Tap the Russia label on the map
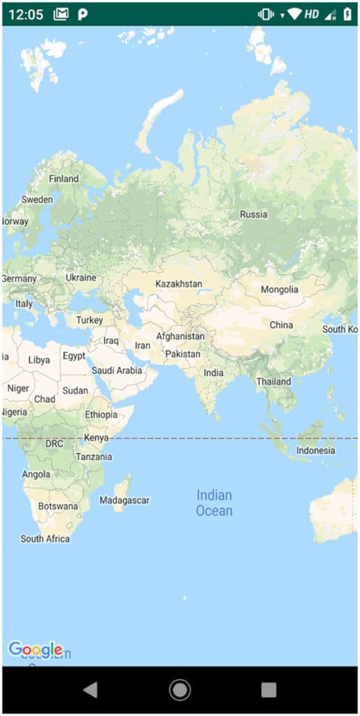253,215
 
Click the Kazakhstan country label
178,284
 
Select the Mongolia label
279,289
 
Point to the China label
281,325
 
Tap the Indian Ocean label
214,503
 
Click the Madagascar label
124,501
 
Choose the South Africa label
45,538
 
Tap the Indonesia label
315,450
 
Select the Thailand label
273,382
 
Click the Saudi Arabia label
117,371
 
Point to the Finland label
64,179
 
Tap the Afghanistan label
180,336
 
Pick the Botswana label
58,506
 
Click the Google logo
35,650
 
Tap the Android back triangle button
90,690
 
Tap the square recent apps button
268,690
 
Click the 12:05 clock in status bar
26,15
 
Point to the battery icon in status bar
347,15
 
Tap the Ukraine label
80,278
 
